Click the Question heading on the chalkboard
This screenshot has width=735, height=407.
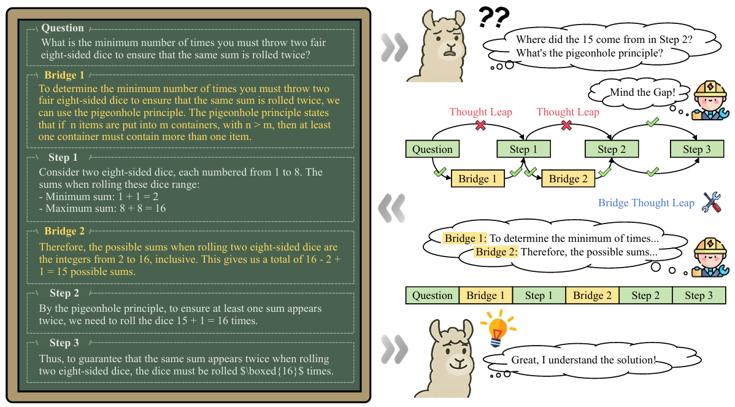pos(63,28)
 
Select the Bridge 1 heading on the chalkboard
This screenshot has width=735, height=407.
pos(64,76)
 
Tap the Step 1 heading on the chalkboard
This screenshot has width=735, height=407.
pos(63,158)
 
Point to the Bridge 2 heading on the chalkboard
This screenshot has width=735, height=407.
pos(64,231)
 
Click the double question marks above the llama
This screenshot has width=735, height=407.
pos(494,17)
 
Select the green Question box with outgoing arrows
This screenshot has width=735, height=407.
pos(432,149)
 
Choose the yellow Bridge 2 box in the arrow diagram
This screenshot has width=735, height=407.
pos(568,179)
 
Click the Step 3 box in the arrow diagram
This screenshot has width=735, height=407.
pos(697,149)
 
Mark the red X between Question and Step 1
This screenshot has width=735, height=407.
pos(480,125)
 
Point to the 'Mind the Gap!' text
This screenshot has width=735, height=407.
pos(642,92)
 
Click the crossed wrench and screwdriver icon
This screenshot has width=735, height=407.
pos(712,202)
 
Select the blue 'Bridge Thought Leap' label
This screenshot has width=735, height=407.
pos(646,203)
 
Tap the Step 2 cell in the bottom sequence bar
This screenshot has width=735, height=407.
pos(645,295)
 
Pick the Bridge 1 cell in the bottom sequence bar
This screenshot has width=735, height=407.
pos(486,295)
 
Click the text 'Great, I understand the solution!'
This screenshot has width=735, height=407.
pos(583,360)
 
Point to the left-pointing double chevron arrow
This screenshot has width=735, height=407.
pos(392,208)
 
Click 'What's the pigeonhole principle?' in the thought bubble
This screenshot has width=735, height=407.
pos(590,53)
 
